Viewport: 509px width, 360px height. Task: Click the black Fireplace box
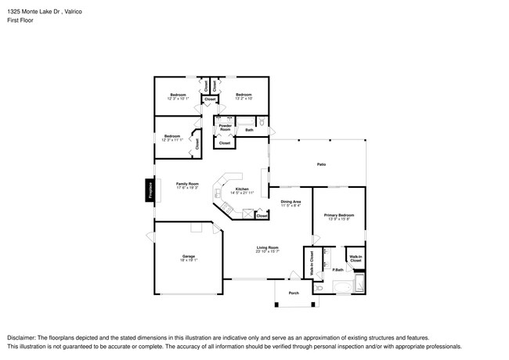pyautogui.click(x=148, y=191)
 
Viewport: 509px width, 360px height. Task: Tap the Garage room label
pyautogui.click(x=188, y=256)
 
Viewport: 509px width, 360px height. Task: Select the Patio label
pyautogui.click(x=321, y=164)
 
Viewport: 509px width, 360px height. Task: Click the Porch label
pyautogui.click(x=294, y=293)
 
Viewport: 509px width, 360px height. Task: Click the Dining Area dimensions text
pyautogui.click(x=291, y=207)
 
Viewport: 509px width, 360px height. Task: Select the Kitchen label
pyautogui.click(x=242, y=189)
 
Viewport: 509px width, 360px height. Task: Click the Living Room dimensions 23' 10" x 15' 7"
pyautogui.click(x=268, y=252)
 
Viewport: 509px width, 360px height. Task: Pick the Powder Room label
pyautogui.click(x=225, y=128)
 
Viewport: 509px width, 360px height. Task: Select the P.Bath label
pyautogui.click(x=338, y=270)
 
